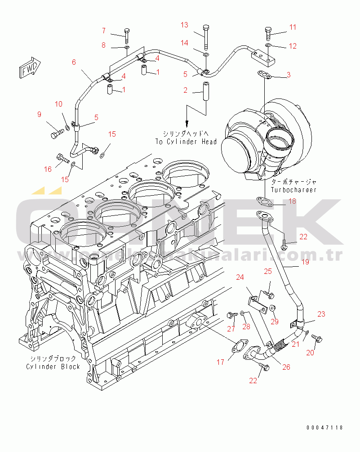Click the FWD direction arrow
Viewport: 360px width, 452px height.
tap(30, 68)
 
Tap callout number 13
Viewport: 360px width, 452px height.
tap(185, 25)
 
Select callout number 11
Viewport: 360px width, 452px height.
tap(293, 27)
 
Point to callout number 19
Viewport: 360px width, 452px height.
tap(305, 261)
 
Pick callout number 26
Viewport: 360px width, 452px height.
tap(286, 367)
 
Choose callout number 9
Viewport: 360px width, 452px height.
tap(39, 114)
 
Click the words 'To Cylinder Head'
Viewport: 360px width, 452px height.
tap(186, 142)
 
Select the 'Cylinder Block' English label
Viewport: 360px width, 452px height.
tap(53, 367)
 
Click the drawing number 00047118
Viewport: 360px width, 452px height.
tap(325, 427)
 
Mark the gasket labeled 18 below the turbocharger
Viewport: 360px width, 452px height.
tap(263, 201)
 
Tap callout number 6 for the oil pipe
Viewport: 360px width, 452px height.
tap(74, 63)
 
